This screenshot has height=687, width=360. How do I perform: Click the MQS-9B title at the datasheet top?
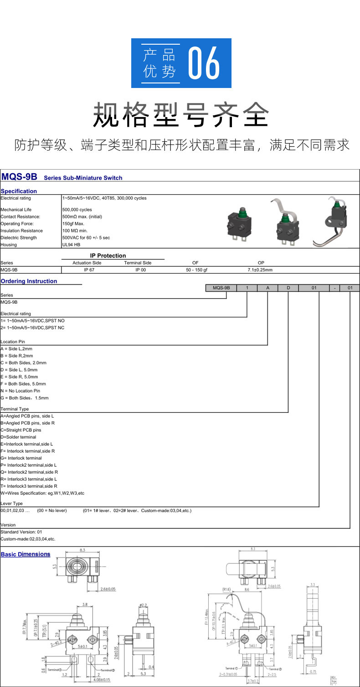click(x=19, y=177)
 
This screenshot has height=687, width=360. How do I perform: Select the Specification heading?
click(x=19, y=191)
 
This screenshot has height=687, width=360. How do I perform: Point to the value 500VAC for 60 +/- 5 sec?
click(x=86, y=238)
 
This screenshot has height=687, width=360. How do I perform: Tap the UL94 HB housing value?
click(x=71, y=245)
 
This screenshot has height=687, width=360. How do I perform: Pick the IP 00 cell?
click(x=138, y=270)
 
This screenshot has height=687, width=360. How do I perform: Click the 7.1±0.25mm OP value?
click(x=260, y=270)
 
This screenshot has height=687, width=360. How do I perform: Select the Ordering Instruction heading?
click(x=29, y=281)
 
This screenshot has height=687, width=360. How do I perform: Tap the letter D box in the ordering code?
click(x=288, y=288)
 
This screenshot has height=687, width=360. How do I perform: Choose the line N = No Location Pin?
click(x=21, y=391)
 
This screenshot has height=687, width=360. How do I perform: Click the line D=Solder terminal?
click(x=18, y=437)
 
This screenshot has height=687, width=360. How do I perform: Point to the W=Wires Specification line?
click(x=42, y=493)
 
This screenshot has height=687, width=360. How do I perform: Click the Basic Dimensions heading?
click(x=26, y=554)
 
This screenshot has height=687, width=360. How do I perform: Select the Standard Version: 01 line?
click(x=21, y=532)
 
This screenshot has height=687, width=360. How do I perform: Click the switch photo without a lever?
click(x=239, y=223)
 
